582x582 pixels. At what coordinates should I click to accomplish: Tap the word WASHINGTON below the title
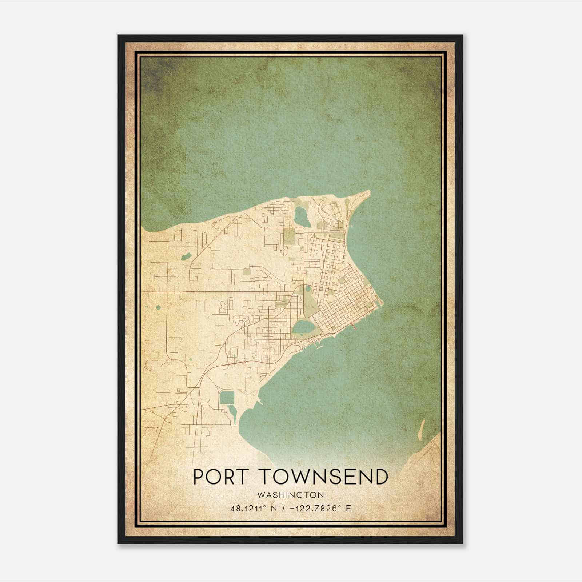click(290, 495)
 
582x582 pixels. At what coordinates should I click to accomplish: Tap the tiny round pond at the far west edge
click(158, 308)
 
